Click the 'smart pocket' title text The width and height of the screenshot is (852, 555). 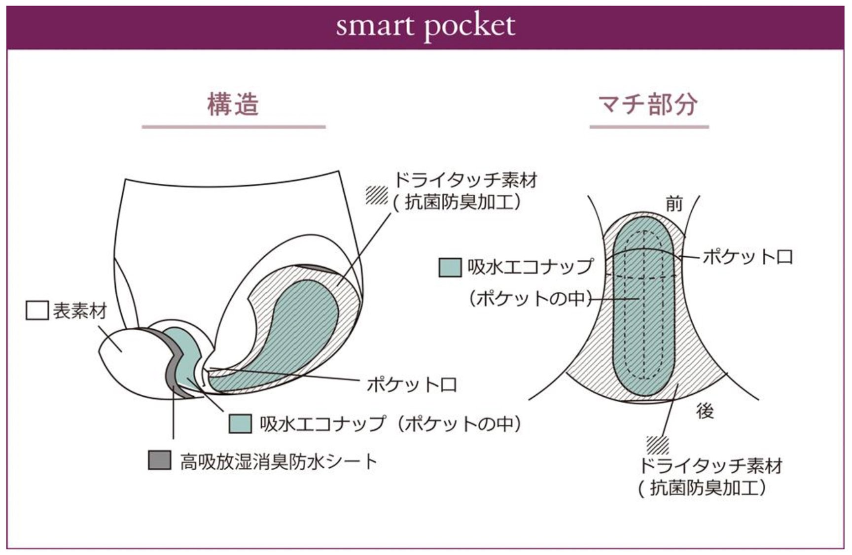coord(425,26)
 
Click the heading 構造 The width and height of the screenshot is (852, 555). coord(233,104)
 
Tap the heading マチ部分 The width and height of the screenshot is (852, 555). coord(648,104)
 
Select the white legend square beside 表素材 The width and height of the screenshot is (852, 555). coord(37,311)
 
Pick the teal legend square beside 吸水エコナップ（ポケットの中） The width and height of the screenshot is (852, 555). coord(241,423)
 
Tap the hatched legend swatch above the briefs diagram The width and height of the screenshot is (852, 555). coord(377,195)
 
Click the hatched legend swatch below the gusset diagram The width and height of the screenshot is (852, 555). coord(658,445)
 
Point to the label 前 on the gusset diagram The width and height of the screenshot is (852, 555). coord(674,204)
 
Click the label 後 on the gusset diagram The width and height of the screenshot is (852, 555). coord(705,411)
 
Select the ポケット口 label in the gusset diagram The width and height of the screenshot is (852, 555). coord(747,257)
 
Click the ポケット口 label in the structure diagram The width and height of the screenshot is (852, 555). coord(412,384)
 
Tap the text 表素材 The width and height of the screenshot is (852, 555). coord(80,311)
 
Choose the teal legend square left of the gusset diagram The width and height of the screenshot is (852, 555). coord(450,267)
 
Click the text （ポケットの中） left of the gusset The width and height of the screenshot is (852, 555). coord(530,299)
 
